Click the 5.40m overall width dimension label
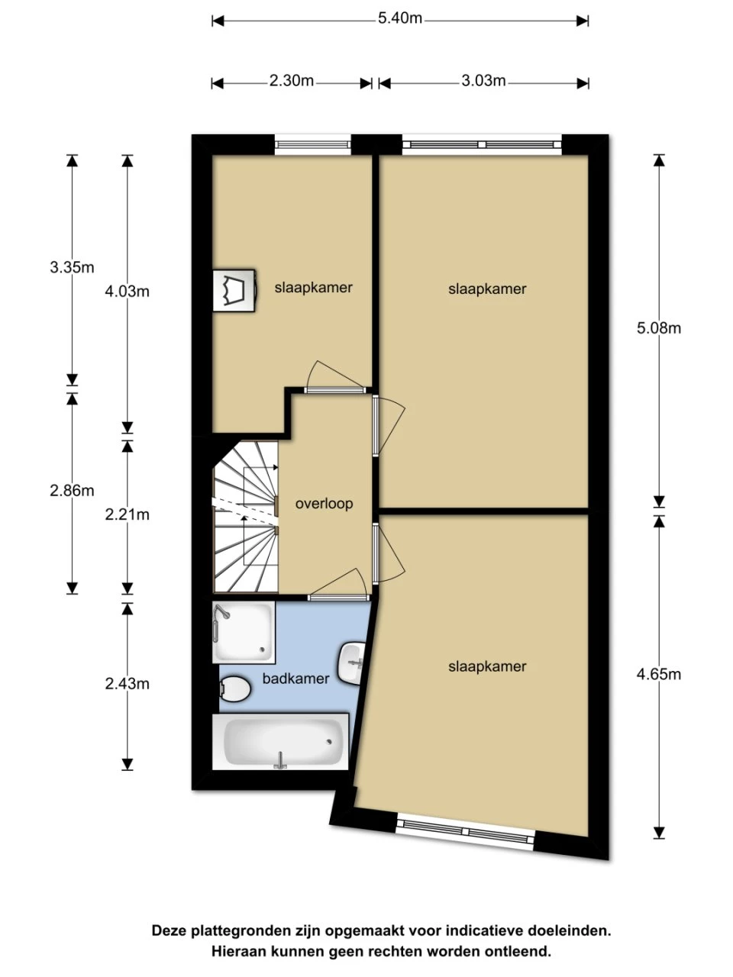click(399, 19)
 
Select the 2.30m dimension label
click(292, 82)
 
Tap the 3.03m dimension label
click(483, 82)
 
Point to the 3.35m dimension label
click(72, 268)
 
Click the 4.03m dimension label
click(128, 292)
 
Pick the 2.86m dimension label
click(72, 491)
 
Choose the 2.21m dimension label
click(128, 515)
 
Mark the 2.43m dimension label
click(128, 684)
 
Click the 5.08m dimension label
click(659, 328)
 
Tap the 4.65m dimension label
click(659, 675)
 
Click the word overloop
click(324, 504)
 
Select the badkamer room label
click(296, 679)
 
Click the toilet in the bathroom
click(235, 688)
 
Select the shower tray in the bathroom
click(244, 632)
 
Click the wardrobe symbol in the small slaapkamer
click(234, 291)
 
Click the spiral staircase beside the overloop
click(246, 518)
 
